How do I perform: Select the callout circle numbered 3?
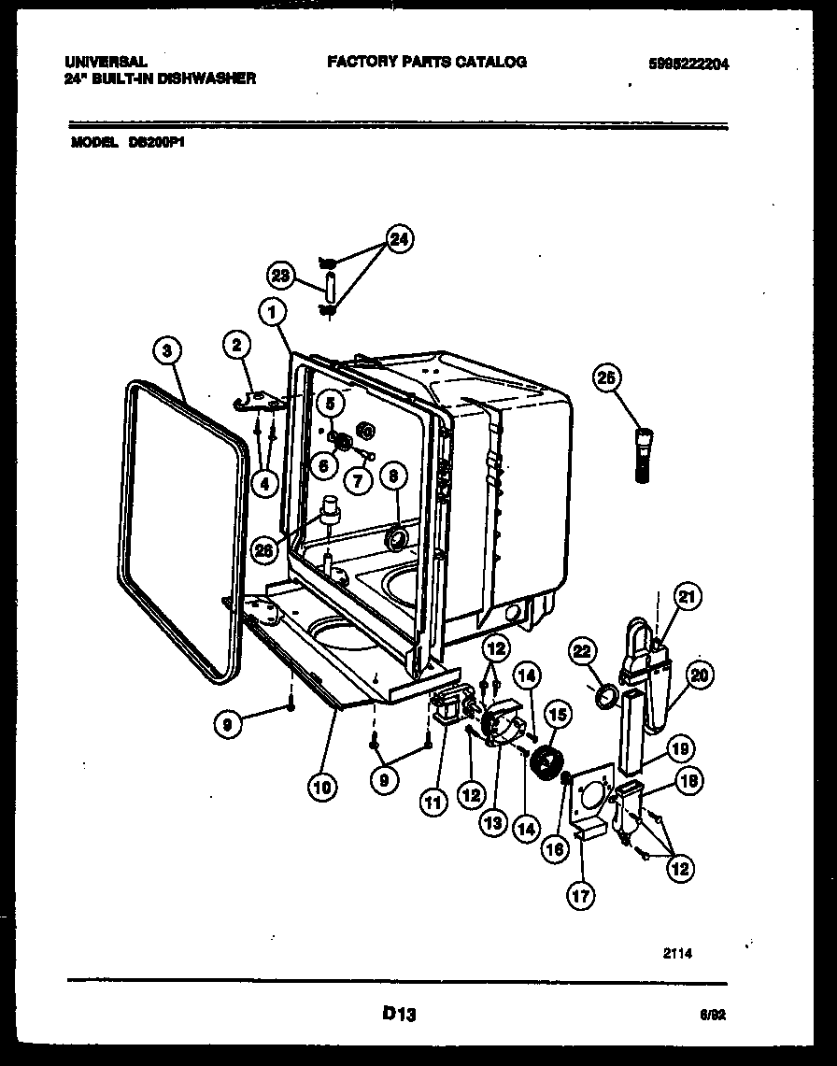[x=166, y=351]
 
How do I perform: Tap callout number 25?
[x=607, y=377]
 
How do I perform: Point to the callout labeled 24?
[x=399, y=240]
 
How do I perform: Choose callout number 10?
[x=320, y=787]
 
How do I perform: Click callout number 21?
[x=688, y=596]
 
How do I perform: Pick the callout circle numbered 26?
[x=265, y=551]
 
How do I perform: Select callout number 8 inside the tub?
[x=392, y=476]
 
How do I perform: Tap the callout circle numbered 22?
[x=582, y=652]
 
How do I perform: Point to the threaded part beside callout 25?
[x=644, y=455]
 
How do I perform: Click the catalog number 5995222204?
[x=688, y=64]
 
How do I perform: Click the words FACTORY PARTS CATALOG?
[x=427, y=62]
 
